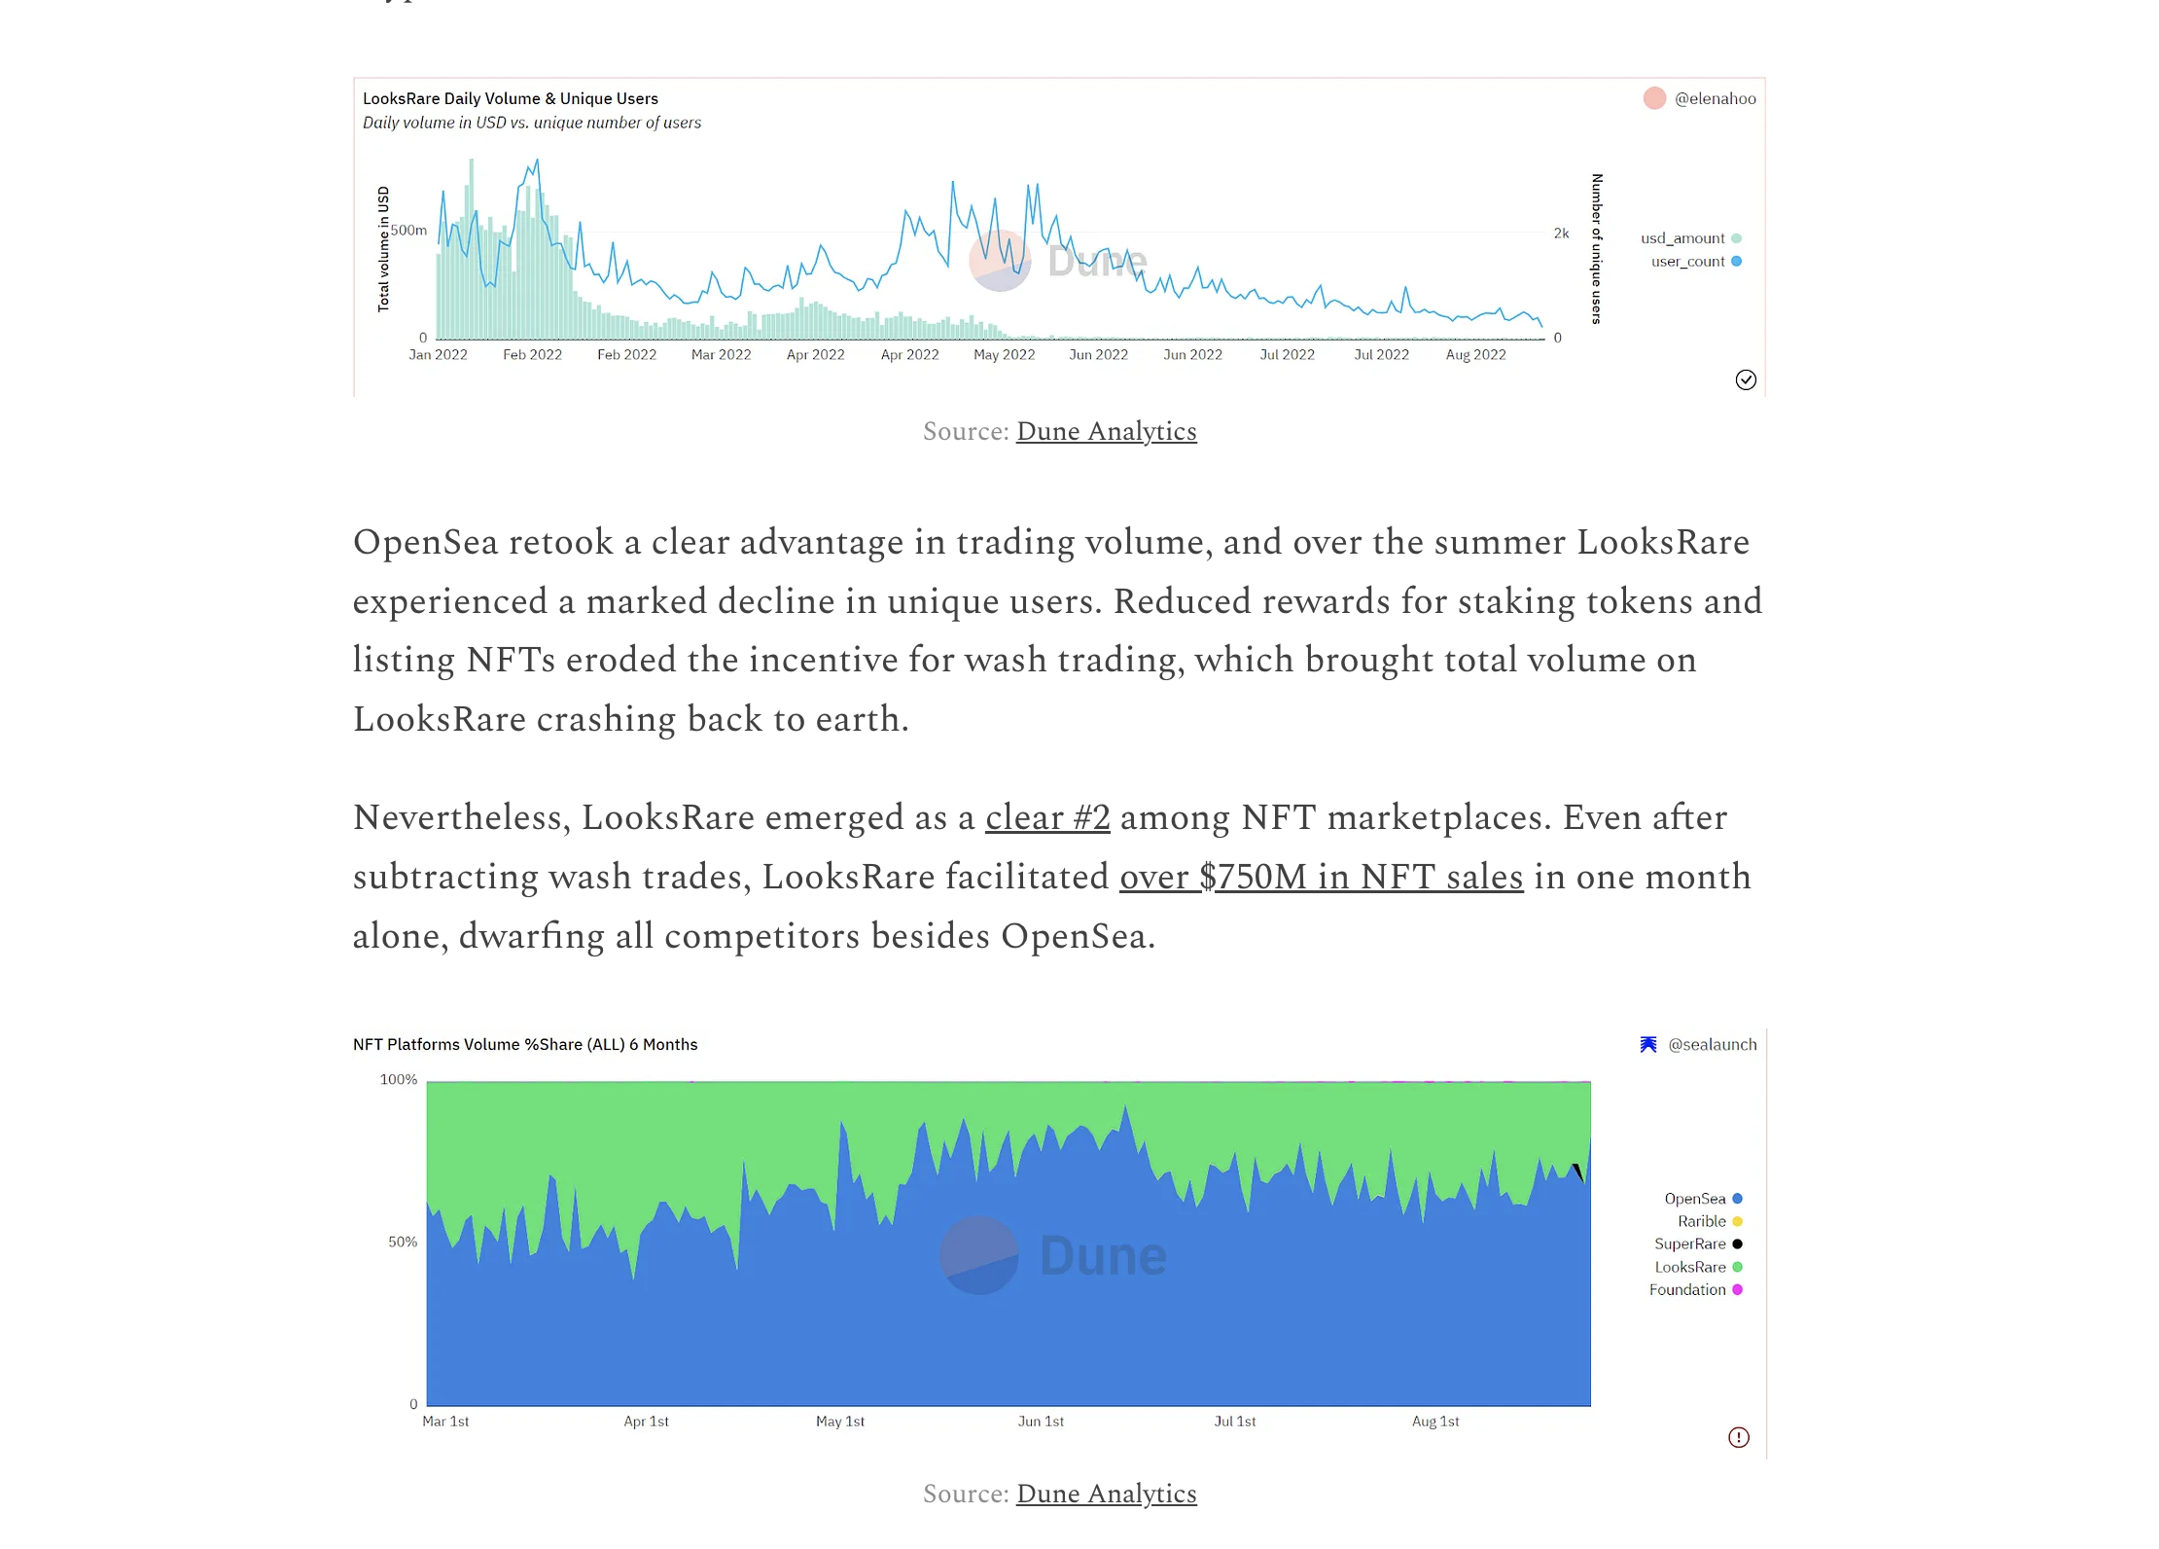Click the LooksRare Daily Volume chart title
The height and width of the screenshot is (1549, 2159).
510,98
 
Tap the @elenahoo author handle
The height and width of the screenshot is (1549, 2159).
1715,98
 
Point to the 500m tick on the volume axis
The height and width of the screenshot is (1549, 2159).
408,231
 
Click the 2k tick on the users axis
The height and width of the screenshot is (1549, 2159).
1561,234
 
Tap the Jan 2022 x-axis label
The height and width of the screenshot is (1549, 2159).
438,355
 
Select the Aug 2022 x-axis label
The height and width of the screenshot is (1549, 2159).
1475,355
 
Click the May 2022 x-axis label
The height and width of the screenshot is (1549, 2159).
1004,355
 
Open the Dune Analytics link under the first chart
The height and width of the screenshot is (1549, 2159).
1106,431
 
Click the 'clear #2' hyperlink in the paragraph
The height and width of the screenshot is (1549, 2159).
1047,817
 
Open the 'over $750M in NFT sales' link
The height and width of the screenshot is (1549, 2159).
1321,877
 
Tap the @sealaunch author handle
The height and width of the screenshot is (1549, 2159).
1712,1044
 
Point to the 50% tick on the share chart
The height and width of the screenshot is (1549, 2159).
403,1243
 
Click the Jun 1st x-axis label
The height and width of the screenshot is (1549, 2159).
1041,1422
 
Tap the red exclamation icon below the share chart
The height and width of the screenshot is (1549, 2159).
1739,1437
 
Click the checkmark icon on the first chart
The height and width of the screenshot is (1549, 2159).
1746,379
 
